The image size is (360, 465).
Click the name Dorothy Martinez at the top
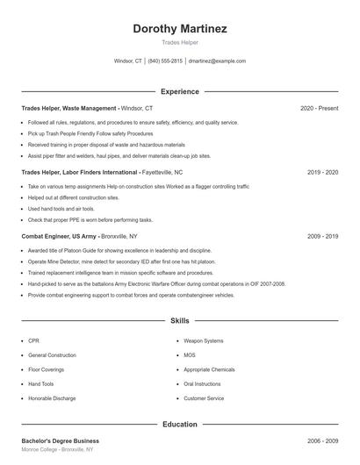point(179,29)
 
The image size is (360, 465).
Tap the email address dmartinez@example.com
point(217,61)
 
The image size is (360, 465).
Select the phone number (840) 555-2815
point(165,61)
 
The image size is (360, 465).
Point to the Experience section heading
point(179,91)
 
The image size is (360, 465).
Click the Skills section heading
point(179,321)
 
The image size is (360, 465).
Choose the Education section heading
point(179,425)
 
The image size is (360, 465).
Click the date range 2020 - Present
point(319,108)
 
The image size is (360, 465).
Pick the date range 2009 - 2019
point(322,236)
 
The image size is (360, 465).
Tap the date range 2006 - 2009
point(322,440)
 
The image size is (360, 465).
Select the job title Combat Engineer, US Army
point(59,236)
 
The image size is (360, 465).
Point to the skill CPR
point(33,340)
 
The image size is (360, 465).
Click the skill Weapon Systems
point(203,340)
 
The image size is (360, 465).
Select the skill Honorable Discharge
point(52,398)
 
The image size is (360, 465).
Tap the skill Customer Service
point(203,398)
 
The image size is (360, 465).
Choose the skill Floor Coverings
point(46,369)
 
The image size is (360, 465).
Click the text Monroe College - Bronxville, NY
point(57,449)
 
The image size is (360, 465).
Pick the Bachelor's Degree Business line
point(60,440)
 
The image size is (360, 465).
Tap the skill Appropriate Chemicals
point(209,369)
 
